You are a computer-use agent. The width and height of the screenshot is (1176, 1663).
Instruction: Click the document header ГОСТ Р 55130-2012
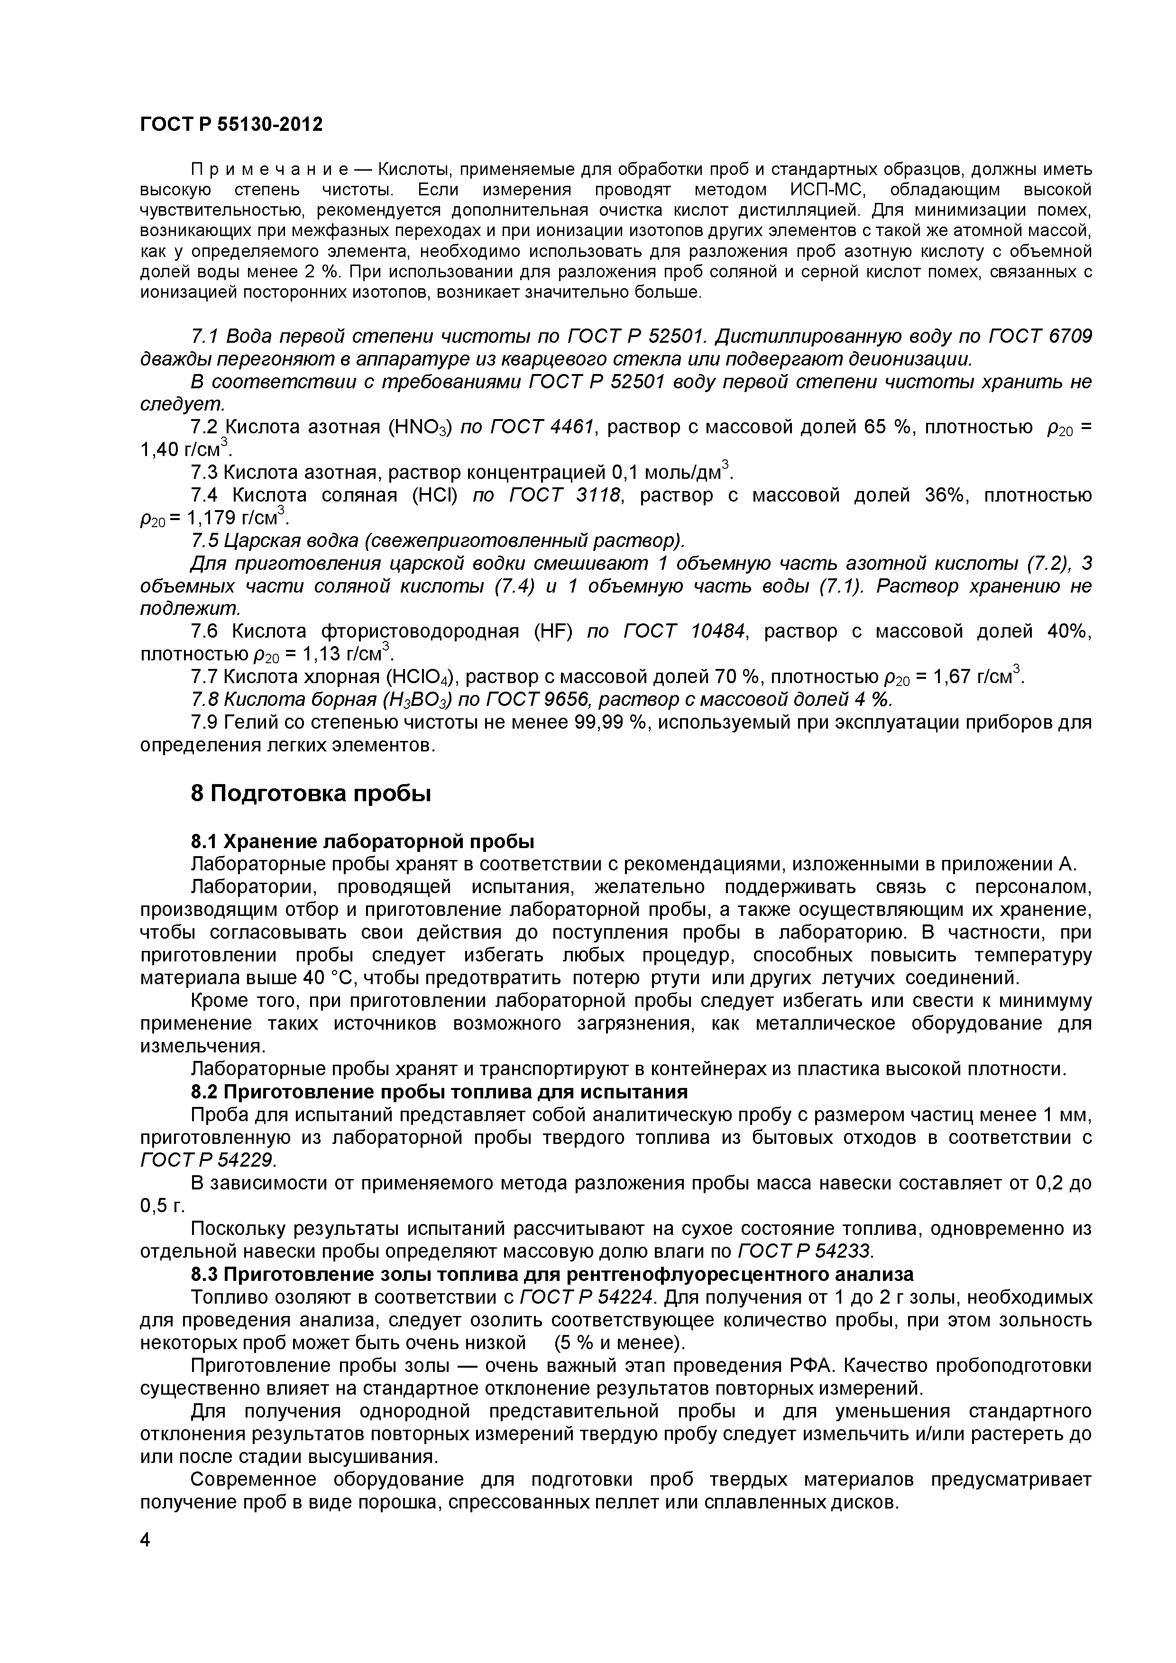coord(230,125)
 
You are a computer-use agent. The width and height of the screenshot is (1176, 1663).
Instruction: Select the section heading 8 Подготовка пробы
coord(311,794)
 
